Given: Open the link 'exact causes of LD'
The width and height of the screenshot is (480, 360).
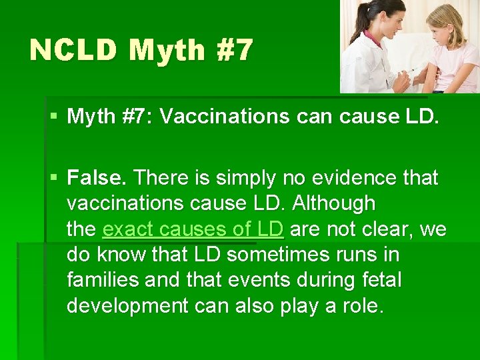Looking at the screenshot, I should pos(193,229).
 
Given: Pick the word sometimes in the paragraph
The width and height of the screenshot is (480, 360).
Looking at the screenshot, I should pos(273,255).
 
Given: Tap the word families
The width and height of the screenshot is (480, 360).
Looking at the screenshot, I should pos(103,280).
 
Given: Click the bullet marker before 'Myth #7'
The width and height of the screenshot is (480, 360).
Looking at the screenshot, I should pos(53,117).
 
